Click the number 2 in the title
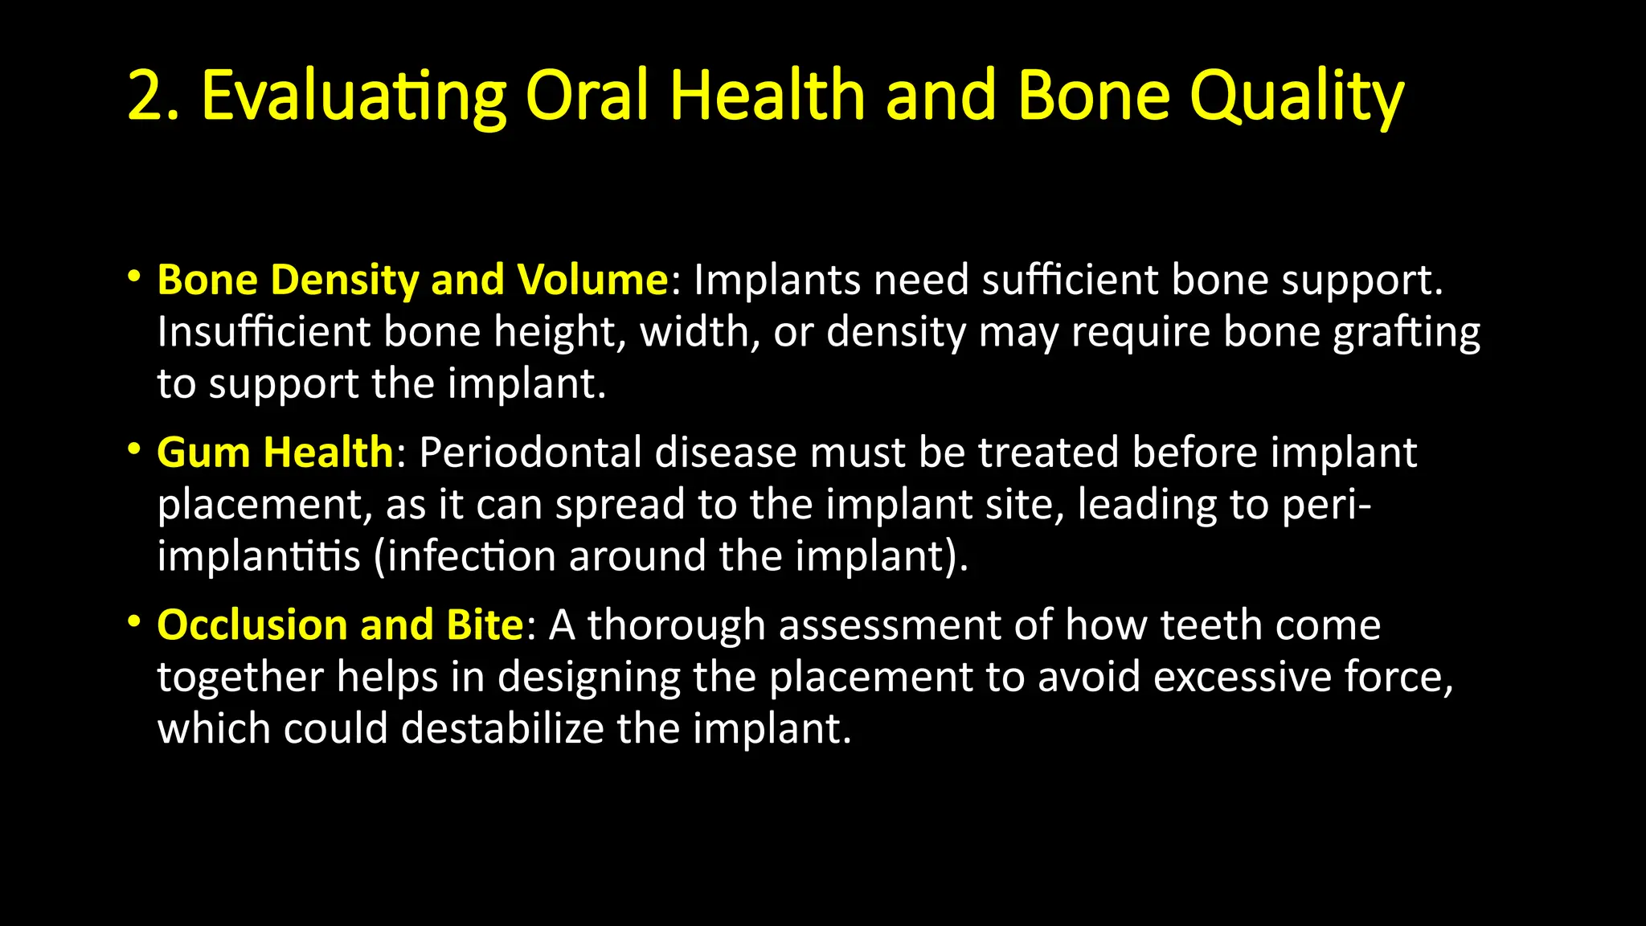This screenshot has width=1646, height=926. (146, 96)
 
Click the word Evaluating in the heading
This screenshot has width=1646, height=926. (354, 96)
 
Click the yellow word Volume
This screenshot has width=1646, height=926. (592, 280)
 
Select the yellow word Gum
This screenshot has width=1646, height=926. (204, 453)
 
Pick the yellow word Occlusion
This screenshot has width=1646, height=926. (252, 625)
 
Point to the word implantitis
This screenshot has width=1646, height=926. (259, 556)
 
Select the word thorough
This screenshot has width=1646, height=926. (676, 625)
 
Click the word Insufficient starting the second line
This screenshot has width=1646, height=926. (263, 332)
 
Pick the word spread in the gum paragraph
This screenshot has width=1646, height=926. (620, 505)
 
